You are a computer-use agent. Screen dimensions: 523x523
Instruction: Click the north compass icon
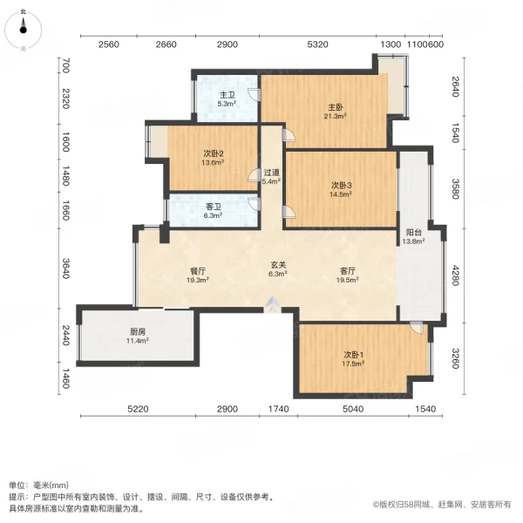(24, 30)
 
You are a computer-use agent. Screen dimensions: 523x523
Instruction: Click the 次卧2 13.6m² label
(213, 157)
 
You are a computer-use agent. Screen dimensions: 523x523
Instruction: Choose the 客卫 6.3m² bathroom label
(214, 211)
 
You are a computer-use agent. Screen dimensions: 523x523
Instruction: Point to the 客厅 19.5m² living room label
(348, 275)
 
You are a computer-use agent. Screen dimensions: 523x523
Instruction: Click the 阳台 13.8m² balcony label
(415, 236)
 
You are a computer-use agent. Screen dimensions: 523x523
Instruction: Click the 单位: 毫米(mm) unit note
(39, 485)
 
